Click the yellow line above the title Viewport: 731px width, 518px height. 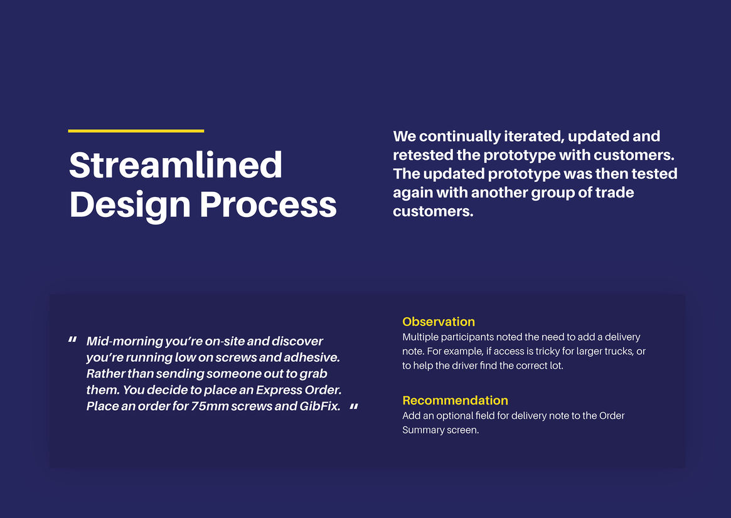[x=136, y=131]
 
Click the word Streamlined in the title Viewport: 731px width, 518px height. [x=176, y=165]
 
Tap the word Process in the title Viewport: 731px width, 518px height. [x=268, y=204]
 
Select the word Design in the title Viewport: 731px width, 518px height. [x=130, y=206]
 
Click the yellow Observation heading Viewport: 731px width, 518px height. [x=439, y=322]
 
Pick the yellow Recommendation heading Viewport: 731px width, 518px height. [x=455, y=400]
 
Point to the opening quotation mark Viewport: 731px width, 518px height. [x=72, y=340]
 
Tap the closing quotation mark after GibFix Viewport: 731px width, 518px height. [x=354, y=406]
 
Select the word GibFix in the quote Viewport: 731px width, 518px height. [x=320, y=406]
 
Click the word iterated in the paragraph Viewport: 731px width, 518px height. [x=533, y=136]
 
